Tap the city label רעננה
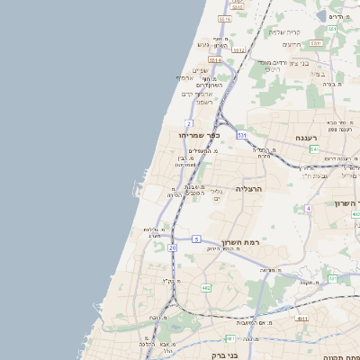point(305,138)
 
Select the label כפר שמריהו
point(199,135)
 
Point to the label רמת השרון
point(238,243)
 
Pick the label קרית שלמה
point(284,31)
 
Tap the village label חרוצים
point(291,44)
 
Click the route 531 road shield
point(242,134)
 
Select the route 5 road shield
point(196,238)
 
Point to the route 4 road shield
point(308,208)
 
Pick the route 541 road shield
point(313,149)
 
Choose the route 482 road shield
point(206,288)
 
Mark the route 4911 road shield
point(302,319)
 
